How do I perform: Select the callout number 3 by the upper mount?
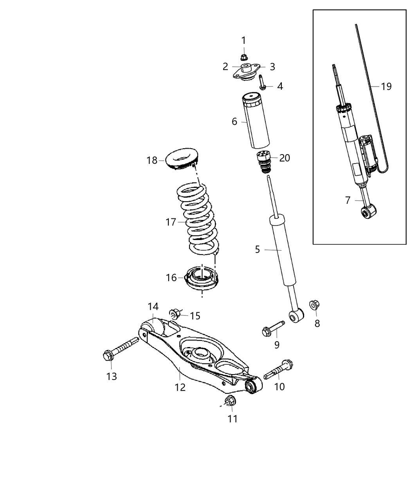(x=272, y=67)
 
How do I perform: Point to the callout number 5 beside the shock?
(x=257, y=249)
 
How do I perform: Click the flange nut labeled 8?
(x=314, y=305)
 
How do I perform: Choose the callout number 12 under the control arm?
(x=180, y=387)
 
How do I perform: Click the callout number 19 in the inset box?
(x=386, y=86)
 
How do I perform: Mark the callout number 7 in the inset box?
(x=348, y=200)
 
